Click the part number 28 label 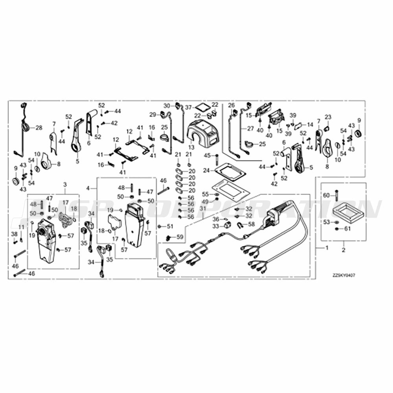tap(39, 128)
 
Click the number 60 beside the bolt tap(326, 195)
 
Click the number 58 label tap(252, 224)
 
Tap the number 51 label tap(170, 226)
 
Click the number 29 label tap(153, 114)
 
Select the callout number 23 tap(328, 117)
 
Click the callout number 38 tap(15, 234)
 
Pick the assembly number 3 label tap(65, 185)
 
